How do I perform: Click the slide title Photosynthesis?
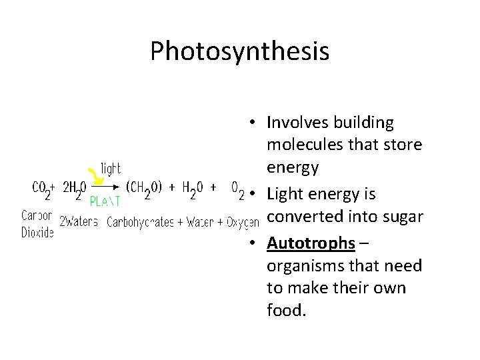point(239,51)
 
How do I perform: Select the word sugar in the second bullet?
point(401,217)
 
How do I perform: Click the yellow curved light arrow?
point(98,174)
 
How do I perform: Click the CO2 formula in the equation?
point(42,189)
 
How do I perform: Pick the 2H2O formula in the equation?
point(74,189)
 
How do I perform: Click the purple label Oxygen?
point(243,221)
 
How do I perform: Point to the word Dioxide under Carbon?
point(38,233)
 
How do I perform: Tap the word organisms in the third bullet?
point(305,265)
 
